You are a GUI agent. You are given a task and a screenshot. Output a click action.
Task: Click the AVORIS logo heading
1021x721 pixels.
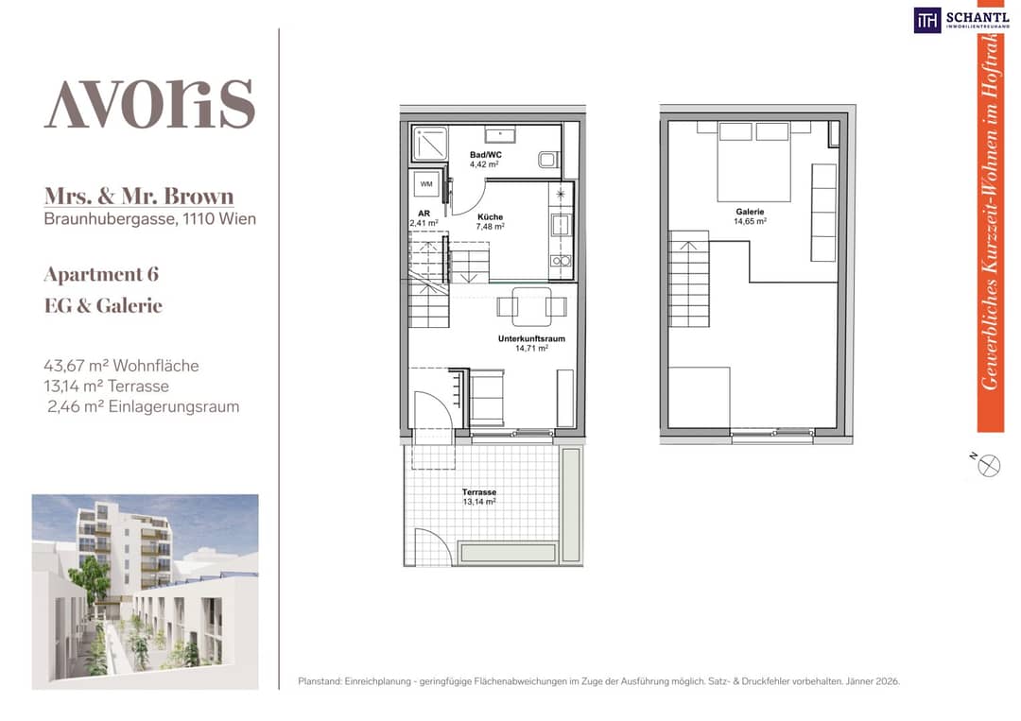pyautogui.click(x=149, y=104)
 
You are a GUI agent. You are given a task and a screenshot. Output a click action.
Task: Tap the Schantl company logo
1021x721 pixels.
pyautogui.click(x=961, y=20)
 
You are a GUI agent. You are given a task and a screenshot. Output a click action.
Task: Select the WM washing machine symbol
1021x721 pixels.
pyautogui.click(x=426, y=184)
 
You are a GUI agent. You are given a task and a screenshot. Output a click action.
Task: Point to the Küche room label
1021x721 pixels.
pyautogui.click(x=490, y=216)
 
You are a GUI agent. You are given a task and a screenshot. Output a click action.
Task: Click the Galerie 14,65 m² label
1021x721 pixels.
pyautogui.click(x=750, y=216)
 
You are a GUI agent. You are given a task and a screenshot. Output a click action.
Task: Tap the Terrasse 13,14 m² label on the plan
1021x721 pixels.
pyautogui.click(x=479, y=497)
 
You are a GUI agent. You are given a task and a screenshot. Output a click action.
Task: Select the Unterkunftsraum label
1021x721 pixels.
pyautogui.click(x=531, y=338)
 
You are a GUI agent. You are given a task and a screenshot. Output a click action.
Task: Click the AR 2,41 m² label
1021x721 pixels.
pyautogui.click(x=424, y=218)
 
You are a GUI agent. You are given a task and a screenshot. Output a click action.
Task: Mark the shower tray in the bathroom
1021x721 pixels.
pyautogui.click(x=430, y=143)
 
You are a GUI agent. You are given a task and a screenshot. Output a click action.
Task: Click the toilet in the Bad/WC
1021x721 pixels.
pyautogui.click(x=548, y=160)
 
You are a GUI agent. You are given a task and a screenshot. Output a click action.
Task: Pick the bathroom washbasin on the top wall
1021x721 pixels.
pyautogui.click(x=500, y=135)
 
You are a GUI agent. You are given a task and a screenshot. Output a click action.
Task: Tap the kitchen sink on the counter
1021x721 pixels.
pyautogui.click(x=560, y=225)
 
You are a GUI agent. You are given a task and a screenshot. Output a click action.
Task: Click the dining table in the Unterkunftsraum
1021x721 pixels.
pyautogui.click(x=532, y=306)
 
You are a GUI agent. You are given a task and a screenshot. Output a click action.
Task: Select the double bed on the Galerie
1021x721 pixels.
pyautogui.click(x=754, y=162)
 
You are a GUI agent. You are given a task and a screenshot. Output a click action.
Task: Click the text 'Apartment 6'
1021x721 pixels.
pyautogui.click(x=101, y=275)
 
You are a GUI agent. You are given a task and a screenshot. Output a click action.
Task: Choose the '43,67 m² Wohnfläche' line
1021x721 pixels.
pyautogui.click(x=121, y=366)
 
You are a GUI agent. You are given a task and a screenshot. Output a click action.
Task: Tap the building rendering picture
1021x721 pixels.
pyautogui.click(x=146, y=592)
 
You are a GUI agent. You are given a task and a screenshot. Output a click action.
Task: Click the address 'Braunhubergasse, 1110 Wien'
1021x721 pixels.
pyautogui.click(x=149, y=218)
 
